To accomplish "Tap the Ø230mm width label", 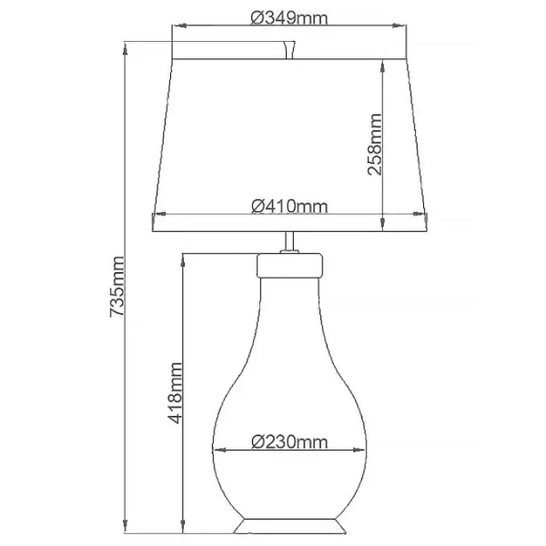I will (288, 441).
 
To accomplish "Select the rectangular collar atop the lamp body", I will (289, 265).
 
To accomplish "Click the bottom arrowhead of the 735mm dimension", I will (126, 530).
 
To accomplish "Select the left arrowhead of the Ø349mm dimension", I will (178, 25).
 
